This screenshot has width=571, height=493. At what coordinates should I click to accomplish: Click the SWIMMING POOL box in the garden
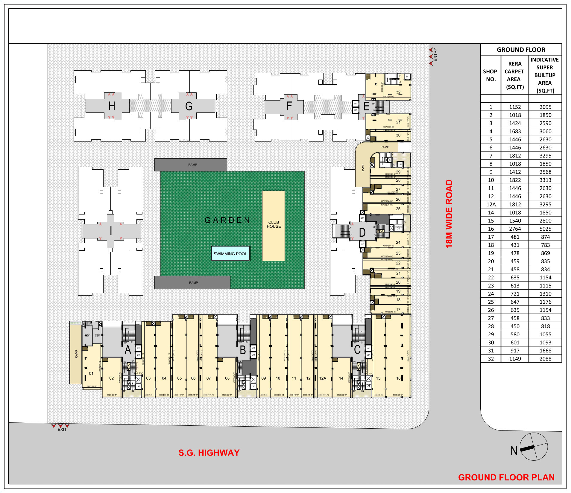pos(230,254)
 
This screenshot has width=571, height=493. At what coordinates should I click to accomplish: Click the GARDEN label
pos(227,220)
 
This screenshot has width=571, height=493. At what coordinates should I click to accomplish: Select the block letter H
pos(112,106)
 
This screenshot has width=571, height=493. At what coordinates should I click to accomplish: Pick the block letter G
pos(189,106)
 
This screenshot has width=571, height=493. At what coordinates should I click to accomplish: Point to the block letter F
pos(289,106)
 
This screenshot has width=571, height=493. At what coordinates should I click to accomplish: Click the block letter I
pos(111,231)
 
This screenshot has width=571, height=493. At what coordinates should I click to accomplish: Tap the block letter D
pos(362,232)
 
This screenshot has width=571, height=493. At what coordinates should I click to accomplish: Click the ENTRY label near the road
pos(435,55)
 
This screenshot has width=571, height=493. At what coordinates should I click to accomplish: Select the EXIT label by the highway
pos(62,429)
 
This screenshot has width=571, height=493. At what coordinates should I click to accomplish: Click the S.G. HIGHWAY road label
pos(209,453)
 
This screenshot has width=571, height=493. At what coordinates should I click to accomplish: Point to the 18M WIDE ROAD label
pos(449,214)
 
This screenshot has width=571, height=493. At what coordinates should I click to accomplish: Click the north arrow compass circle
pos(534,447)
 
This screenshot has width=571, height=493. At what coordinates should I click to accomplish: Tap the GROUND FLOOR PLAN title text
pos(506,477)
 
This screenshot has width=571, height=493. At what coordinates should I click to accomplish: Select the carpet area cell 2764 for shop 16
pos(515,229)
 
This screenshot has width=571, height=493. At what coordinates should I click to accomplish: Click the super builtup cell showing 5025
pos(545,229)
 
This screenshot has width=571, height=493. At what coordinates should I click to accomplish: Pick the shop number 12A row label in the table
pos(491,205)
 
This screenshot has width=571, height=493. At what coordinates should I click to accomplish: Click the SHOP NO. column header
pos(490,75)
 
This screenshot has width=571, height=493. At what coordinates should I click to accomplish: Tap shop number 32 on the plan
pos(398,92)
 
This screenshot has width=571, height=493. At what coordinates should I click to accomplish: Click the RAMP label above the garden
pos(192,165)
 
